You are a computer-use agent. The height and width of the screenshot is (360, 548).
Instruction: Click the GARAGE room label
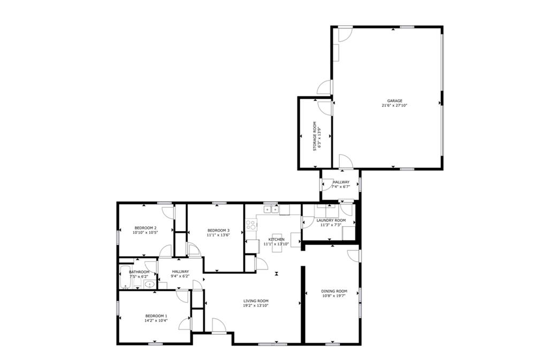coord(394,101)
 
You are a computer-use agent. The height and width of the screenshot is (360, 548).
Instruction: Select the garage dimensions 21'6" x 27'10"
coord(394,106)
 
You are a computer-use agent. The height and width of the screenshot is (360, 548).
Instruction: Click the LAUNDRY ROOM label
coord(331,220)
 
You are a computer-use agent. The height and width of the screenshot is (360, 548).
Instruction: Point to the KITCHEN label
coord(276,239)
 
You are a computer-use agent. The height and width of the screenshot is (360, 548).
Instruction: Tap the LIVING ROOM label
coord(255,301)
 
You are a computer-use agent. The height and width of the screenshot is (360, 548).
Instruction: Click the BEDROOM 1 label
coord(156,316)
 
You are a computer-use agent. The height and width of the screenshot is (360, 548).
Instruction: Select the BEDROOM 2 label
coord(145,227)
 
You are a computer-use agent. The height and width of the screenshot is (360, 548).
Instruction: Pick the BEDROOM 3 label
coord(218,230)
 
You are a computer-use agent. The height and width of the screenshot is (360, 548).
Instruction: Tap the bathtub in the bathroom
coord(125,276)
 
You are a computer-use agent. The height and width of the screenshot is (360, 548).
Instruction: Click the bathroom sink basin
coord(150,284)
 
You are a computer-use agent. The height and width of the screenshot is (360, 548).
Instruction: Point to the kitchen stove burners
coord(250,225)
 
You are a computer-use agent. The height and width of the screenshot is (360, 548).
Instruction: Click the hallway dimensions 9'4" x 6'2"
coord(180,277)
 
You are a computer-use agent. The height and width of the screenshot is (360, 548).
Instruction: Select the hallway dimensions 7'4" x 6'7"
coord(340,187)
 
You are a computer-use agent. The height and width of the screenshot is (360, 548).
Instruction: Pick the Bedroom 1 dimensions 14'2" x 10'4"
coord(156,320)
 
